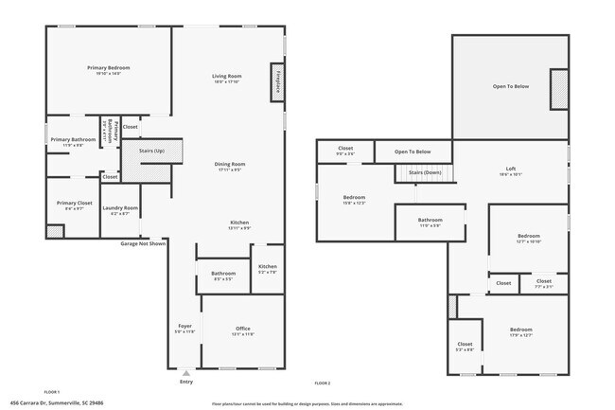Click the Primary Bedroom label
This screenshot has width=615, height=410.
pos(108,68)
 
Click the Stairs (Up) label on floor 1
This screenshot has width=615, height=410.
pos(151,151)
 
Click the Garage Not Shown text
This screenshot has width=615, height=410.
pos(143,243)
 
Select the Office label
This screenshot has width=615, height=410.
pos(243,330)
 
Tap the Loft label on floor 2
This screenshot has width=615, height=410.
pos(510,170)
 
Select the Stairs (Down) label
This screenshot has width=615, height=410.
pos(425,173)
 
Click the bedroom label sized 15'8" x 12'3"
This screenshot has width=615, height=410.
pos(354,198)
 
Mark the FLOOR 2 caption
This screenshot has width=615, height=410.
pos(322,383)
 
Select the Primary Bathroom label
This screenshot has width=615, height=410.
pos(73,140)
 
